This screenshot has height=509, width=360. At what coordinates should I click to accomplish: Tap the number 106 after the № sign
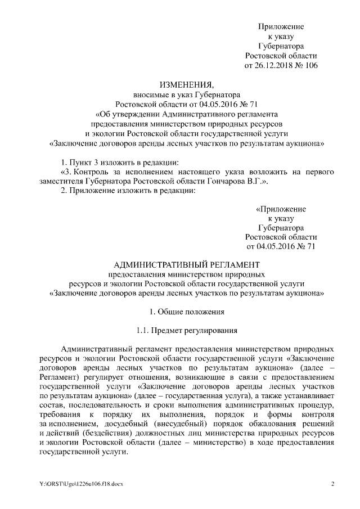[310, 66]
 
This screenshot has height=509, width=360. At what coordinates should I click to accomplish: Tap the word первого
[320, 171]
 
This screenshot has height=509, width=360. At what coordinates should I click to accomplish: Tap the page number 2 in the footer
[332, 484]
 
